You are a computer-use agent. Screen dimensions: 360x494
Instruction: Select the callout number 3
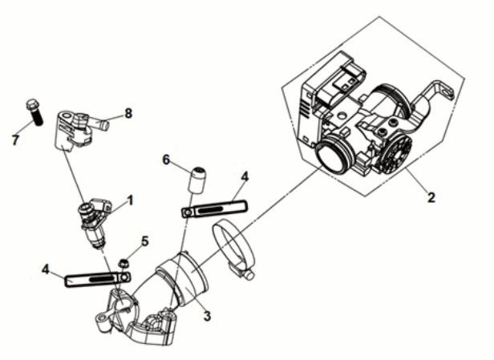[x=207, y=316]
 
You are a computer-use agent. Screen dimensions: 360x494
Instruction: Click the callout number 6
[x=167, y=160]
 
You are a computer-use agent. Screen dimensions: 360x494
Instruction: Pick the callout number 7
[x=14, y=141]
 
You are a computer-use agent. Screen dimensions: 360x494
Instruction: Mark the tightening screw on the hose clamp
[x=241, y=273]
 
